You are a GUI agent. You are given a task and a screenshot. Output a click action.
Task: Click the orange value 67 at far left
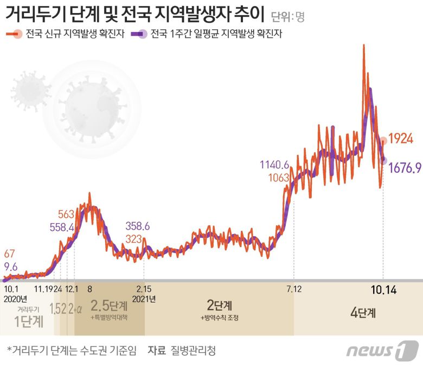point(10,254)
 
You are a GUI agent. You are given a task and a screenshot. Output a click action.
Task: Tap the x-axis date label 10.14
point(383,290)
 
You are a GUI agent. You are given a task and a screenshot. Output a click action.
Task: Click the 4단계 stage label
point(363,313)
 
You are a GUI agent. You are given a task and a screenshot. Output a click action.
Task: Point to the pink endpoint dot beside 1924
point(383,141)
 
